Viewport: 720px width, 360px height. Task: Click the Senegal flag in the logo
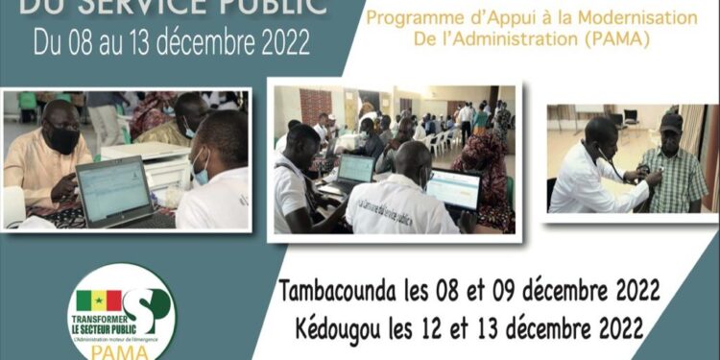pyautogui.click(x=99, y=300)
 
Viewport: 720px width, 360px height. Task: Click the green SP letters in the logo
pyautogui.click(x=149, y=307)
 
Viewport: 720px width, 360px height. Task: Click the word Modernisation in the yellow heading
pyautogui.click(x=646, y=18)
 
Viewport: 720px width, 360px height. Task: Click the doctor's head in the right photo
pyautogui.click(x=601, y=132)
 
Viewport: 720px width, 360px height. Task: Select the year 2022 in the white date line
pyautogui.click(x=277, y=43)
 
